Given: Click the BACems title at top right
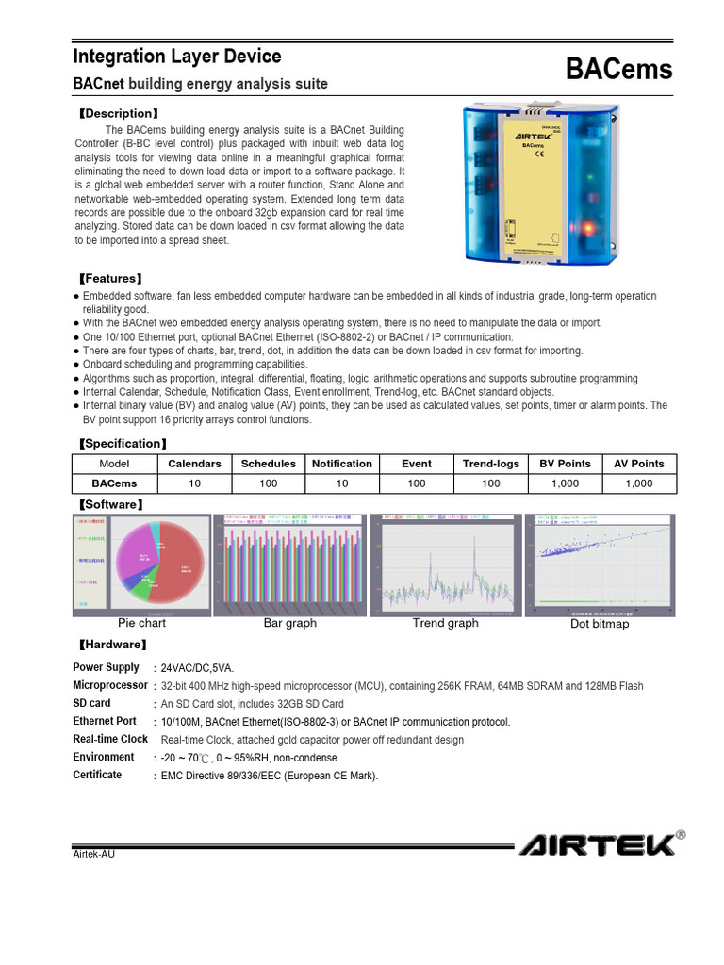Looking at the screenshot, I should (x=618, y=69).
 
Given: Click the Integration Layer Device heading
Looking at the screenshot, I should (x=177, y=57).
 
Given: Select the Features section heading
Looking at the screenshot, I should (x=110, y=279).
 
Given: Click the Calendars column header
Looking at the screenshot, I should (x=194, y=464).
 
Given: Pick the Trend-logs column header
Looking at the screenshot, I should (x=490, y=464).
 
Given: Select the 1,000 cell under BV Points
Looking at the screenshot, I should (x=565, y=483).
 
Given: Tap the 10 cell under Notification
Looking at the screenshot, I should (x=342, y=483).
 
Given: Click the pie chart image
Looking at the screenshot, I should (x=140, y=564).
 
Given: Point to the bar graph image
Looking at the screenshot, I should (x=289, y=564).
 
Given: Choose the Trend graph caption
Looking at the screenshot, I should (x=445, y=623).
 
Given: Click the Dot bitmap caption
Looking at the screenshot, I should (x=600, y=624).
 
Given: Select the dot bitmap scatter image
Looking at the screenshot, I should (x=599, y=564).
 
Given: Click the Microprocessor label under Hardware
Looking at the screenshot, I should (x=110, y=685).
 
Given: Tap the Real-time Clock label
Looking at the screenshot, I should (x=110, y=739).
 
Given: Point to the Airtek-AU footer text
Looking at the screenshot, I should (x=94, y=854).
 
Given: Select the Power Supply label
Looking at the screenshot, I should (x=106, y=667).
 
